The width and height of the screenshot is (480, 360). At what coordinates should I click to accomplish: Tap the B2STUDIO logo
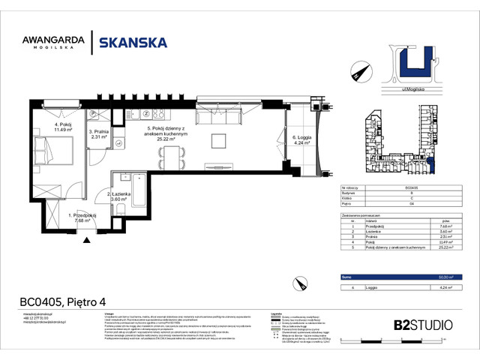click(423, 325)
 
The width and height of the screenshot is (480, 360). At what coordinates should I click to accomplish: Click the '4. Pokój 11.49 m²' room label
click(61, 127)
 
